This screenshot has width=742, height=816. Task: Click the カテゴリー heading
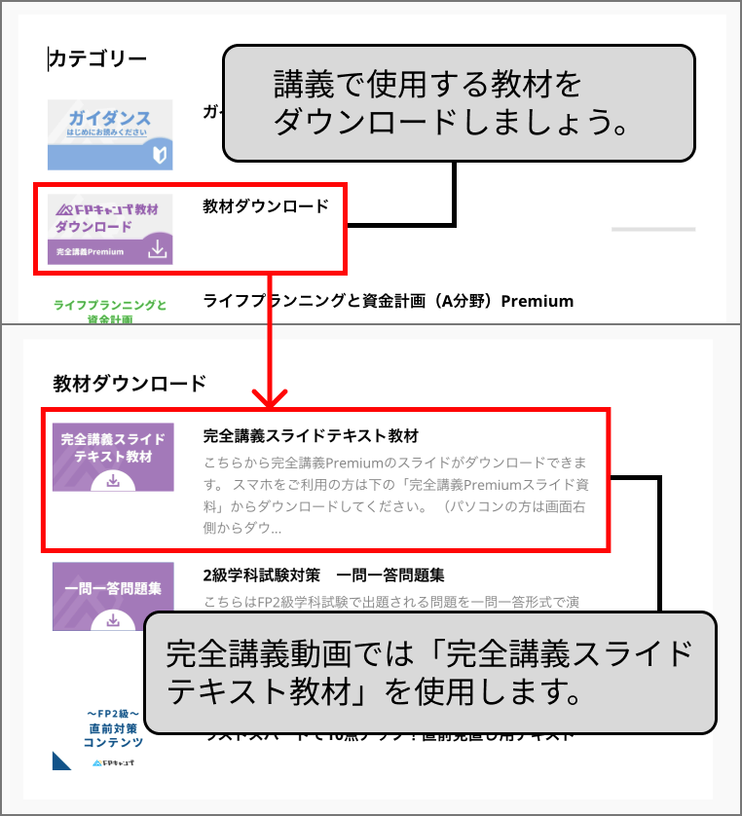coord(98,58)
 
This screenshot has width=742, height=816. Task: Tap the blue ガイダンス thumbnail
coord(110,134)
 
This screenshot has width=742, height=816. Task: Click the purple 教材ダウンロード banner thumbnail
coord(110,229)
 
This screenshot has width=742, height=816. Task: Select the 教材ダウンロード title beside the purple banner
coord(266,206)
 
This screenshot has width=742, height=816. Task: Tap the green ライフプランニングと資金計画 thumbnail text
coord(109,311)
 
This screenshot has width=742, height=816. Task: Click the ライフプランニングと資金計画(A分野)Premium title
coord(388,301)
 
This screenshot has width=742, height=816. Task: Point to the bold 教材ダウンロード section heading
coord(130,383)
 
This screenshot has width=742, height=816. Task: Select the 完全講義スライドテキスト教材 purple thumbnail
coord(113,457)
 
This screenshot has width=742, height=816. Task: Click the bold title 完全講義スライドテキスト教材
coord(311,434)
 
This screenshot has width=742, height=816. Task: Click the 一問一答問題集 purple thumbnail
coord(113,596)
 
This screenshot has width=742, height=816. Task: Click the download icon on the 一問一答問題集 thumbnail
coord(113,619)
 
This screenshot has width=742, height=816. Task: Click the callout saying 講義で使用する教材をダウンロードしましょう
coord(459,103)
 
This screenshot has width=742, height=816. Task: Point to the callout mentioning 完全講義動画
coord(436,672)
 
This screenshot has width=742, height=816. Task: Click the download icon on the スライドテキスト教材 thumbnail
coord(113,480)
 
